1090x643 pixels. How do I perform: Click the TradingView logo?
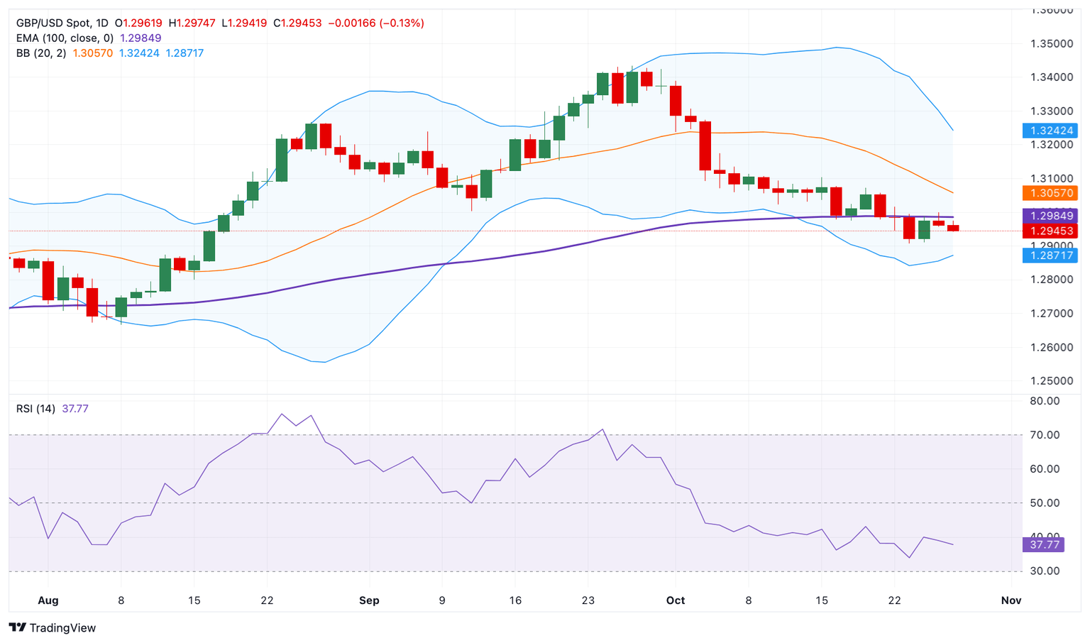coord(53,627)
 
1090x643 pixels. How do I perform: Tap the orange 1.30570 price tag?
coord(1050,193)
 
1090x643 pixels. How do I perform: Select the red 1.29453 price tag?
coord(1050,231)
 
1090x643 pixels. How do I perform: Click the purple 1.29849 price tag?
coord(1050,216)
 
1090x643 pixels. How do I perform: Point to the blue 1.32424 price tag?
coord(1050,131)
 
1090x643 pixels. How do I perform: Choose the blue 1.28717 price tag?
coord(1050,255)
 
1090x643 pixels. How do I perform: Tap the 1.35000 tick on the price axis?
coord(1052,44)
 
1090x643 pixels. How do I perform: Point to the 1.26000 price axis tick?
coord(1052,347)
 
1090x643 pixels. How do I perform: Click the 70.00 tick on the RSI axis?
coord(1044,435)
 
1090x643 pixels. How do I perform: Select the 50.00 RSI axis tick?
coord(1044,503)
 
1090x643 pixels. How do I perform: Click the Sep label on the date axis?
coord(369,600)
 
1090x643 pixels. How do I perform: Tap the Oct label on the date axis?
coord(676,600)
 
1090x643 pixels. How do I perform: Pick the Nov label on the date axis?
coord(1011,600)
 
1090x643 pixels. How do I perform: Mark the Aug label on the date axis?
coord(48,600)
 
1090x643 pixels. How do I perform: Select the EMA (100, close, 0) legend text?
coord(65,38)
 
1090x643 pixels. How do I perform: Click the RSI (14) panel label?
coord(35,409)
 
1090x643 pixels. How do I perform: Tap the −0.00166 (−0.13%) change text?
coord(376,23)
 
